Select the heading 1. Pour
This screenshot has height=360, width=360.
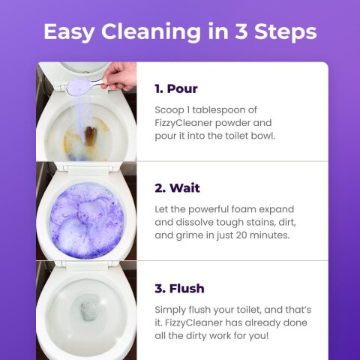pos(175,88)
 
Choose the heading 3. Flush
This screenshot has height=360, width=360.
pos(179,288)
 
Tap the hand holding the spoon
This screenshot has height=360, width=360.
pos(121,74)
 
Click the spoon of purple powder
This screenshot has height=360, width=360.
pos(78,87)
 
